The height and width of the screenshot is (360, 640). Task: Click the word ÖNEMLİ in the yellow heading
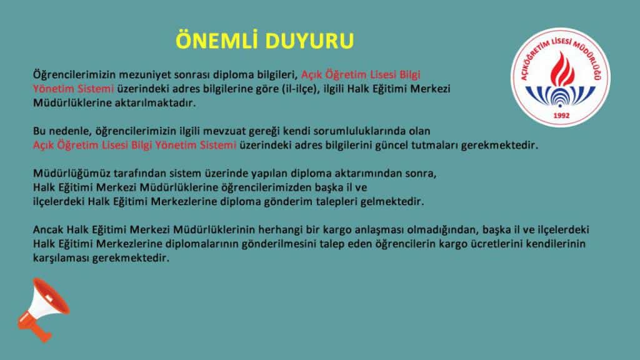[x=218, y=40]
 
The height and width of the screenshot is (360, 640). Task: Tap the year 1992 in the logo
[x=561, y=116]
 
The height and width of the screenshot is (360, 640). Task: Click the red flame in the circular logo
[x=562, y=69]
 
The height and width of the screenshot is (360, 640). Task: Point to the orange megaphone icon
[x=43, y=309]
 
